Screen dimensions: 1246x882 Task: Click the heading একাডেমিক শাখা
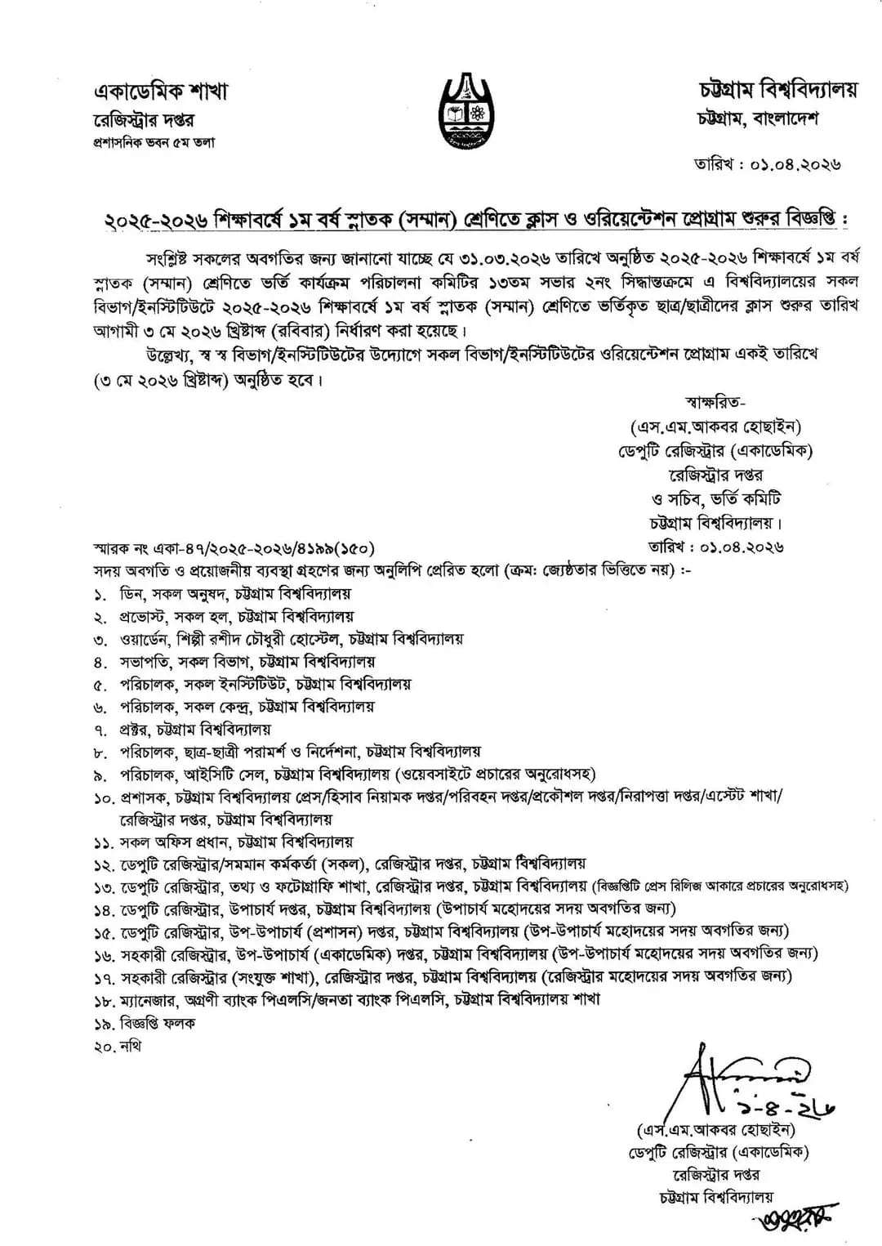[160, 92]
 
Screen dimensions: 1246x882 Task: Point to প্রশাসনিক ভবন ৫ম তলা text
[154, 142]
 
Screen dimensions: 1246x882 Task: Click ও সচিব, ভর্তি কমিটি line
[706, 498]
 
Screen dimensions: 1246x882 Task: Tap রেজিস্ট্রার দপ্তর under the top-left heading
[144, 120]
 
